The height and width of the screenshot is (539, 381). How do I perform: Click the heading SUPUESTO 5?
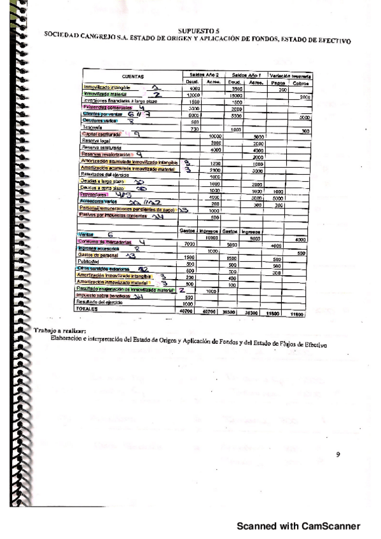point(199,30)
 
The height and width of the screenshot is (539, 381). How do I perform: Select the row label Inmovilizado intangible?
point(106,87)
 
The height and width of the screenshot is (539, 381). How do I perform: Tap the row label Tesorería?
point(93,128)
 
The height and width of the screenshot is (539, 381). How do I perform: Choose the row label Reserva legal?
point(96,142)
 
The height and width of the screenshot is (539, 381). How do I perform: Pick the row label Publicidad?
point(93,261)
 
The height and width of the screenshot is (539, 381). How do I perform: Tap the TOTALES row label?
point(91,309)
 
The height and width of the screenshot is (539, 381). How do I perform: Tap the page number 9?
point(338,454)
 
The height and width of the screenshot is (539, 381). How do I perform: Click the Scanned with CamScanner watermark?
point(298,525)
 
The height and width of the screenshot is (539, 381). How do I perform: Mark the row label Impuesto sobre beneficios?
point(105,296)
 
